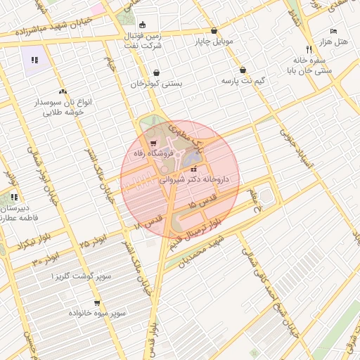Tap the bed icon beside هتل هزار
[x=333, y=32]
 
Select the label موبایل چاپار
[x=214, y=41]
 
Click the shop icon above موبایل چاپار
[x=214, y=31]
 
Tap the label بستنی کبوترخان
[x=156, y=84]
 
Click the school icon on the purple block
[x=34, y=59]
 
